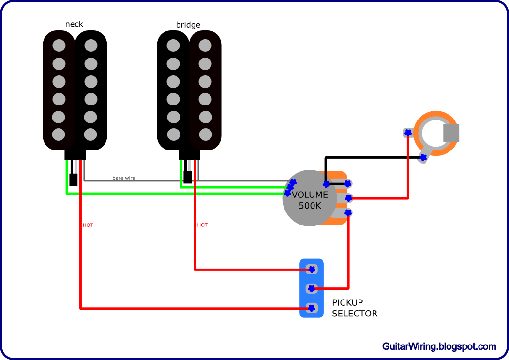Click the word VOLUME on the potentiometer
[x=310, y=195]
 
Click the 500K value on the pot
[x=310, y=206]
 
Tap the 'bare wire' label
[x=124, y=178]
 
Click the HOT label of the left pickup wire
[x=88, y=225]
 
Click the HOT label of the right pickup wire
[x=202, y=225]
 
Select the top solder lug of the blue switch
[x=312, y=269]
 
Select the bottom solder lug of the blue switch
[x=312, y=308]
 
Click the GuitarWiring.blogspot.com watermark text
[x=439, y=346]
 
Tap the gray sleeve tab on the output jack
[x=451, y=133]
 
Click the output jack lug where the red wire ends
[x=408, y=132]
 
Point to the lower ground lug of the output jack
[x=423, y=158]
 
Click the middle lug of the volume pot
[x=348, y=198]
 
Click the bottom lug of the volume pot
[x=348, y=212]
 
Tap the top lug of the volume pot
[x=348, y=183]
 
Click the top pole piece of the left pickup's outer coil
[x=59, y=45]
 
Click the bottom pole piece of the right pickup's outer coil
[x=205, y=135]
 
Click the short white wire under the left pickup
[x=75, y=167]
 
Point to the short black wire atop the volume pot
[x=326, y=177]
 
